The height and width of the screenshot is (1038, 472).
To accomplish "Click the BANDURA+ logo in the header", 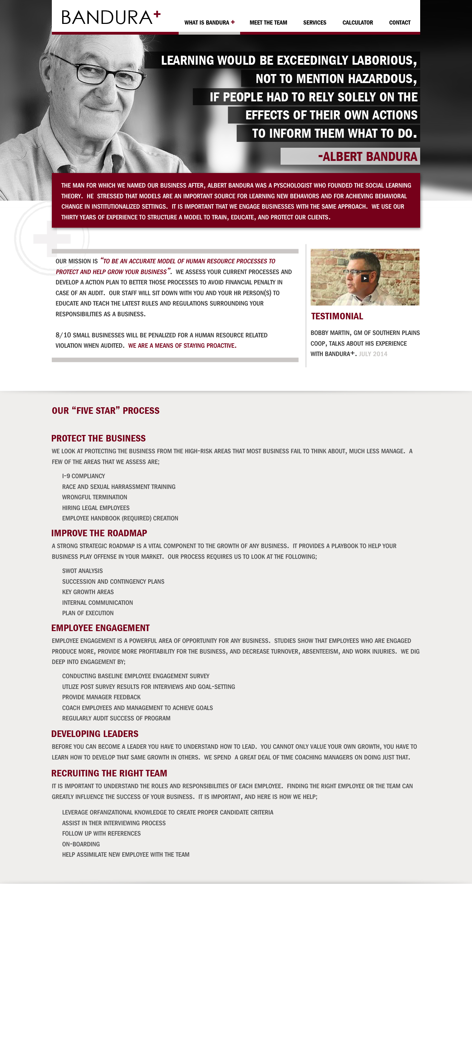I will click(111, 17).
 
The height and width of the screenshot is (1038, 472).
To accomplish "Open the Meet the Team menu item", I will click(268, 22).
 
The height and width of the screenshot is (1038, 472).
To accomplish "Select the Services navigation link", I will click(315, 22).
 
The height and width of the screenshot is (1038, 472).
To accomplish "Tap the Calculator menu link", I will click(357, 22).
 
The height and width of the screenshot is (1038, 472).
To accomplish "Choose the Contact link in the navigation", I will click(399, 22).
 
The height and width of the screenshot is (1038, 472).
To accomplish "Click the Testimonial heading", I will click(337, 316).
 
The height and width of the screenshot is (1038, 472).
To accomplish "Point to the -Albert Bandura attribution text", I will click(367, 156).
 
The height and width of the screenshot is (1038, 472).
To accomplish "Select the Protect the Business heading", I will click(98, 438).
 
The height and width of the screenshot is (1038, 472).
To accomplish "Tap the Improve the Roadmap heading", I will click(99, 533).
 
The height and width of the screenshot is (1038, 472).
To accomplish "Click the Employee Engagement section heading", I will click(100, 628).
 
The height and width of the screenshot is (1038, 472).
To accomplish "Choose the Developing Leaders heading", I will click(95, 734).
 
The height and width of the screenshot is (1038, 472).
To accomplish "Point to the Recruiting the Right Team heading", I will click(109, 773).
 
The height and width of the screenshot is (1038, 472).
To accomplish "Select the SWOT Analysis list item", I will click(82, 571).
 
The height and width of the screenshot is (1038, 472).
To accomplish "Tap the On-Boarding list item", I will click(81, 844).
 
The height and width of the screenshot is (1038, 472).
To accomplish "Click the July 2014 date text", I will click(372, 354).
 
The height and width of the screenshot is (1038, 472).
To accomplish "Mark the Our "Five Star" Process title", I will click(105, 411).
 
